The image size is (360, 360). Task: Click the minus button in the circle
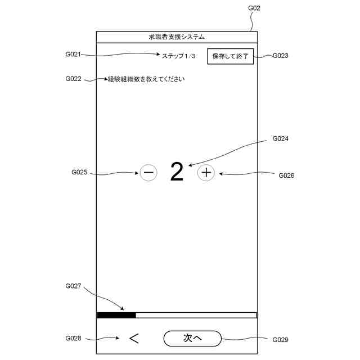point(148,172)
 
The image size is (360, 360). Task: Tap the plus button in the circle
point(206,172)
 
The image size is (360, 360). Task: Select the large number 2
point(177,172)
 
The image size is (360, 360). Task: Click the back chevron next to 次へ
point(133,338)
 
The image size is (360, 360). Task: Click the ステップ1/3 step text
point(178,56)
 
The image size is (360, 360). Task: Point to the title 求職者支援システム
point(177,37)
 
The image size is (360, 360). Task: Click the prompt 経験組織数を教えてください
point(146,79)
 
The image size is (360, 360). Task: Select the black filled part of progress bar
point(116,315)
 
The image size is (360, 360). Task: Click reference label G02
point(254,8)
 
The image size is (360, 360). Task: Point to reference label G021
point(74,55)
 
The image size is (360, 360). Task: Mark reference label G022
point(74,79)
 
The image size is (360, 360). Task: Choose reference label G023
point(281,56)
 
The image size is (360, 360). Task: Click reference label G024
point(281,138)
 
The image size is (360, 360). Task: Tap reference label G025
point(79,172)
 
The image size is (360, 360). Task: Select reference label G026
point(286,175)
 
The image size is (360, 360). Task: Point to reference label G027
point(74,286)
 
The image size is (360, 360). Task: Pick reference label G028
point(74,338)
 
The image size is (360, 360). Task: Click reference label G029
point(281,340)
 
